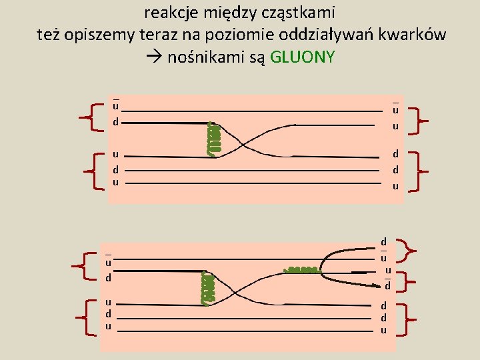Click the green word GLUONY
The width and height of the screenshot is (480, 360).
[x=303, y=57]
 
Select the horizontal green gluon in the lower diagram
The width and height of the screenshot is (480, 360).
[x=301, y=270]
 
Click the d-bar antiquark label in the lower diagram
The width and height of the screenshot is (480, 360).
[x=387, y=285]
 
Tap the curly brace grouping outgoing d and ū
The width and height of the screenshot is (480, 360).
[x=407, y=251]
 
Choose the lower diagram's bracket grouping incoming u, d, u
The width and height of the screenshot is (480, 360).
[x=85, y=317]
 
